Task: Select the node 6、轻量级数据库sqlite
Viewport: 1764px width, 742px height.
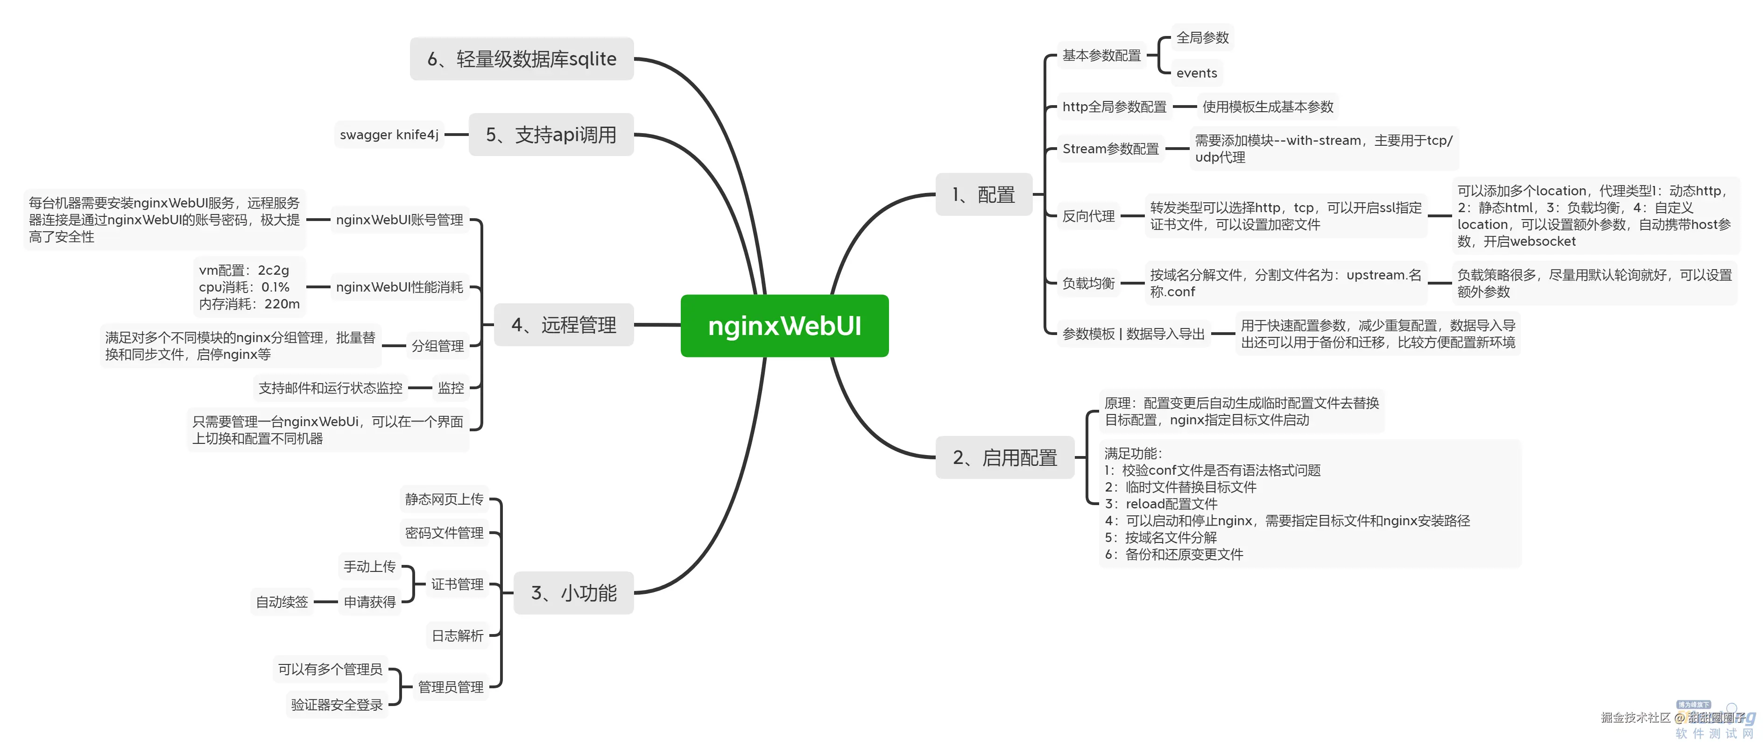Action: tap(522, 59)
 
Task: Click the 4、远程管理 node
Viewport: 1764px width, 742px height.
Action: tap(564, 325)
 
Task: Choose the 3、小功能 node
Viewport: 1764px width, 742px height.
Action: tap(574, 592)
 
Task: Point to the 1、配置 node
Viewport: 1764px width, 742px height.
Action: tap(983, 194)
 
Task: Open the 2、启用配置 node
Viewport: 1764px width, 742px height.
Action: tap(1005, 457)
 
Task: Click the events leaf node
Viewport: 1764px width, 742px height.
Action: tap(1196, 72)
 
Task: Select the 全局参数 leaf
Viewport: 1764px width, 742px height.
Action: tap(1202, 38)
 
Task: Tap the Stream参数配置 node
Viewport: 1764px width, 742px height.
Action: tap(1110, 149)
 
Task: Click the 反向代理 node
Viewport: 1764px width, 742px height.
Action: tap(1088, 216)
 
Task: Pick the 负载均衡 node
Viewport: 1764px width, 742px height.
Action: tap(1088, 283)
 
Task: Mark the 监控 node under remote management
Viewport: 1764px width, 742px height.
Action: tap(451, 388)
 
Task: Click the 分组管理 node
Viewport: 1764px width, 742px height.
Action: tap(437, 346)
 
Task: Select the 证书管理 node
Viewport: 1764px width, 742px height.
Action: tap(457, 585)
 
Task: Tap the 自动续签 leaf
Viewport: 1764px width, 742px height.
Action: tap(282, 602)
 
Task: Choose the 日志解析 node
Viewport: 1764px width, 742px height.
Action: tap(457, 636)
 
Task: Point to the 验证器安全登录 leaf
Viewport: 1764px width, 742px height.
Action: tap(336, 704)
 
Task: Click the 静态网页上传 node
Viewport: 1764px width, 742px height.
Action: tap(444, 499)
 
